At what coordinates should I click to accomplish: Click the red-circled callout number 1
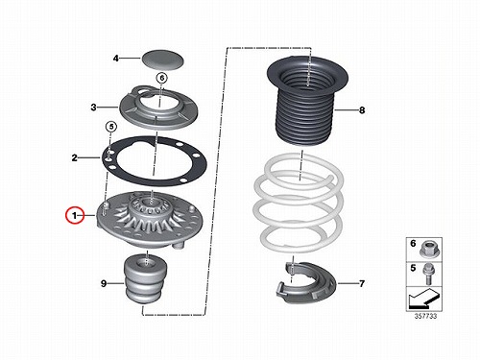tap(75, 216)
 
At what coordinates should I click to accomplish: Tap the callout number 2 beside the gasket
tap(74, 157)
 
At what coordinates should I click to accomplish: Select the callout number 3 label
tap(93, 107)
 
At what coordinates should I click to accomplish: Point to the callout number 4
tap(116, 59)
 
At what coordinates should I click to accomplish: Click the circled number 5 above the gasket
tap(110, 127)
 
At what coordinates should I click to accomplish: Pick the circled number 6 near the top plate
tap(162, 78)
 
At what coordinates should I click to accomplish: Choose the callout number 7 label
tap(362, 283)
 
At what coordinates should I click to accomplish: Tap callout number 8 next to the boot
tap(362, 110)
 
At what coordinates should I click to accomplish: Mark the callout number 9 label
tap(104, 283)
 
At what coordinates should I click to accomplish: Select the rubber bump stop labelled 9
tap(145, 277)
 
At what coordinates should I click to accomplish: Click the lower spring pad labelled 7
tap(305, 282)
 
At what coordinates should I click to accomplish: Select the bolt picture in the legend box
tap(426, 274)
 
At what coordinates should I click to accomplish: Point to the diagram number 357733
tap(425, 317)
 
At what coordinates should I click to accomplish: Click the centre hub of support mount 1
tap(151, 204)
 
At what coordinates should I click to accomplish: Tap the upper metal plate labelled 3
tap(158, 108)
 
